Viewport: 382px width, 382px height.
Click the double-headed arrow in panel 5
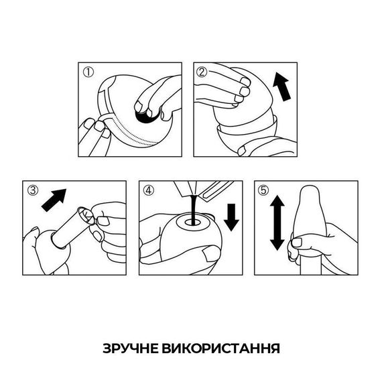(x=275, y=223)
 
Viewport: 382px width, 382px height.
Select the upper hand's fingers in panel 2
(x=235, y=87)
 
